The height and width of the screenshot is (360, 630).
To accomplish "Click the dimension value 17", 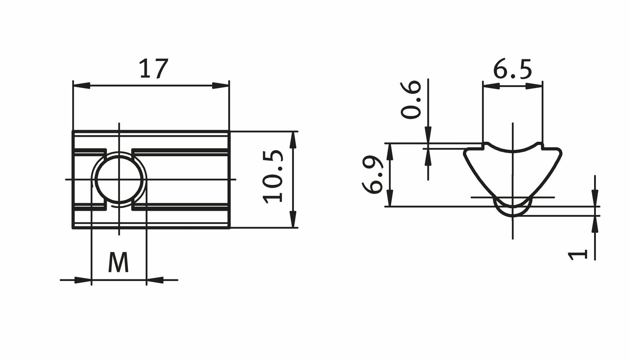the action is [x=154, y=68].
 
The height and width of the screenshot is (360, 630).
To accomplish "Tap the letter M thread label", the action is [x=119, y=262].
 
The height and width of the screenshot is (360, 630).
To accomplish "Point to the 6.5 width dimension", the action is [x=512, y=69].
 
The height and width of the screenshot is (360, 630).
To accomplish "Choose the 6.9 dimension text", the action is [x=372, y=175].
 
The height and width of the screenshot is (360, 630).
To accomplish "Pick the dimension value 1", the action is [x=577, y=255].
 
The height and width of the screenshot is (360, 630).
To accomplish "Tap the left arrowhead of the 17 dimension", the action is [x=81, y=86].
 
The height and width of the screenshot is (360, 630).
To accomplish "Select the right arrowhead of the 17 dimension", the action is [x=221, y=86].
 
